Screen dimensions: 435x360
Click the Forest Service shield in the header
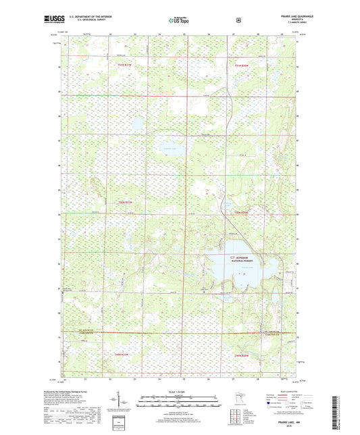[199, 21]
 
